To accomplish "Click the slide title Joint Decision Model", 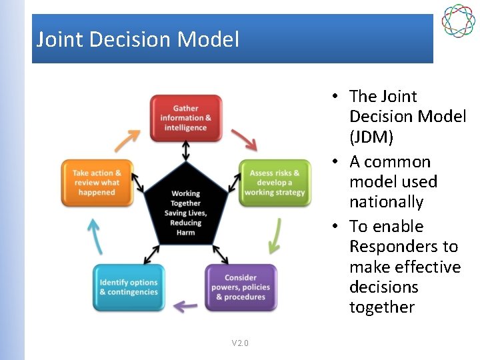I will click(x=137, y=39).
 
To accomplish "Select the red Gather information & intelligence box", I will click(x=185, y=118).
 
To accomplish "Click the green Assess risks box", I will click(x=275, y=183).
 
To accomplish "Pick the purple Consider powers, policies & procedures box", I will click(x=240, y=287).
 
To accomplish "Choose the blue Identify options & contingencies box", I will click(x=129, y=287).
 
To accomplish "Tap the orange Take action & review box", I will click(x=97, y=183).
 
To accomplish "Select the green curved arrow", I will click(x=274, y=237).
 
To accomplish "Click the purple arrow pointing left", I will click(x=185, y=306).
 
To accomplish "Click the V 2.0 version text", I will click(x=240, y=343).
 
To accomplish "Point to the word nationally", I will click(x=386, y=201).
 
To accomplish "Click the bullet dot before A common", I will click(x=336, y=162).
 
